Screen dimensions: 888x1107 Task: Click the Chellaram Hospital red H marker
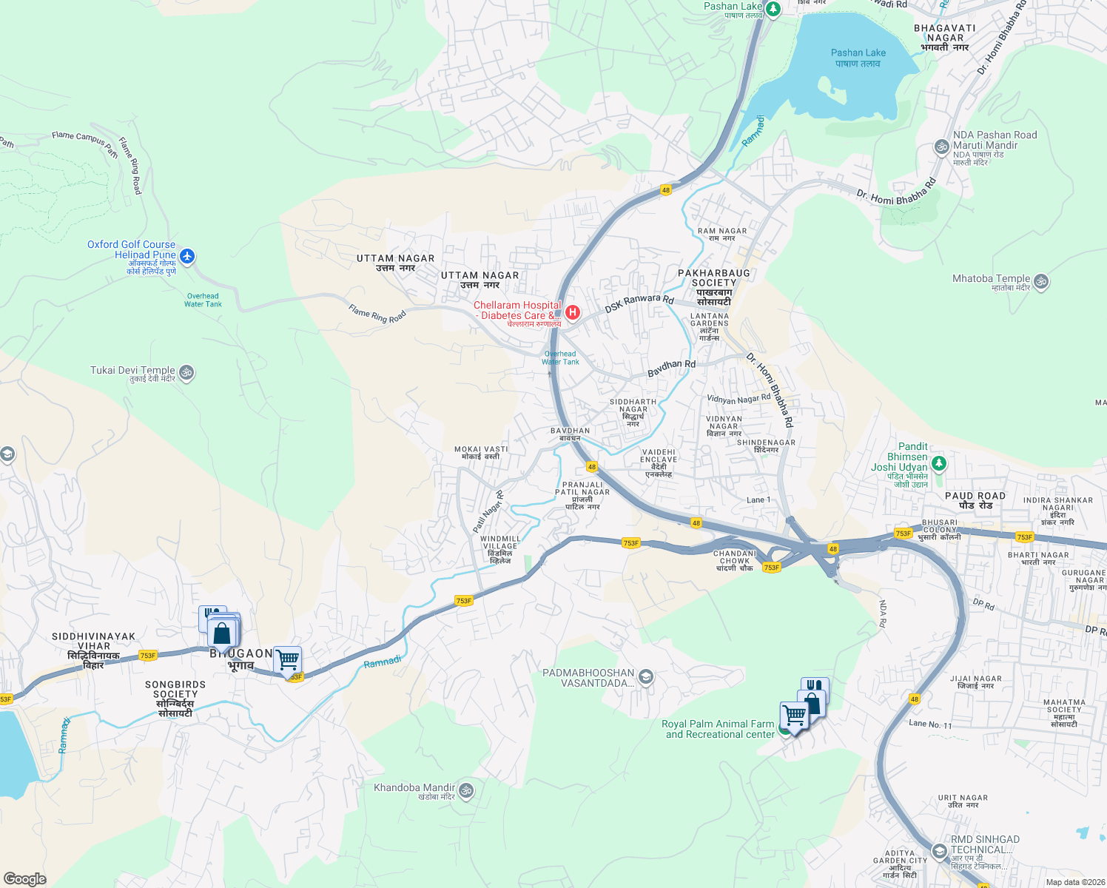[572, 312]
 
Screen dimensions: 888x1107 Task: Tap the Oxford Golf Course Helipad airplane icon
[187, 256]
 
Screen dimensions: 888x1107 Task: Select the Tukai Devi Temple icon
[186, 372]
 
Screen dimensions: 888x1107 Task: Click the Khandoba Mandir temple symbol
[466, 790]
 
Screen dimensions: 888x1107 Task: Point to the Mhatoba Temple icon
[1041, 281]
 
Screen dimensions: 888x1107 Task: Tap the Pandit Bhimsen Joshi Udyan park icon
[939, 464]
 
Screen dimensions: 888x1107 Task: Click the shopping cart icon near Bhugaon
[287, 659]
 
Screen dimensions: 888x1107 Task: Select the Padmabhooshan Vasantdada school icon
[646, 677]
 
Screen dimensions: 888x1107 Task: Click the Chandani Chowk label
[735, 561]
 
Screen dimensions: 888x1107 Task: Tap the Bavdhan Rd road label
[671, 369]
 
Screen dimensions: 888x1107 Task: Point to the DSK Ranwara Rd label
[639, 303]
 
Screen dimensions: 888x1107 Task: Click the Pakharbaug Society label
[713, 287]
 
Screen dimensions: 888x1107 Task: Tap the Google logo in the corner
[24, 878]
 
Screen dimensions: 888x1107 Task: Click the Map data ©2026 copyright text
[1074, 882]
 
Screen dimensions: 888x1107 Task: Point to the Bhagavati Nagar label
[945, 38]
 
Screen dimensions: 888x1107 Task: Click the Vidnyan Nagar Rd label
[738, 399]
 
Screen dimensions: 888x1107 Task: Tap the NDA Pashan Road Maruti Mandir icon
[941, 147]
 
